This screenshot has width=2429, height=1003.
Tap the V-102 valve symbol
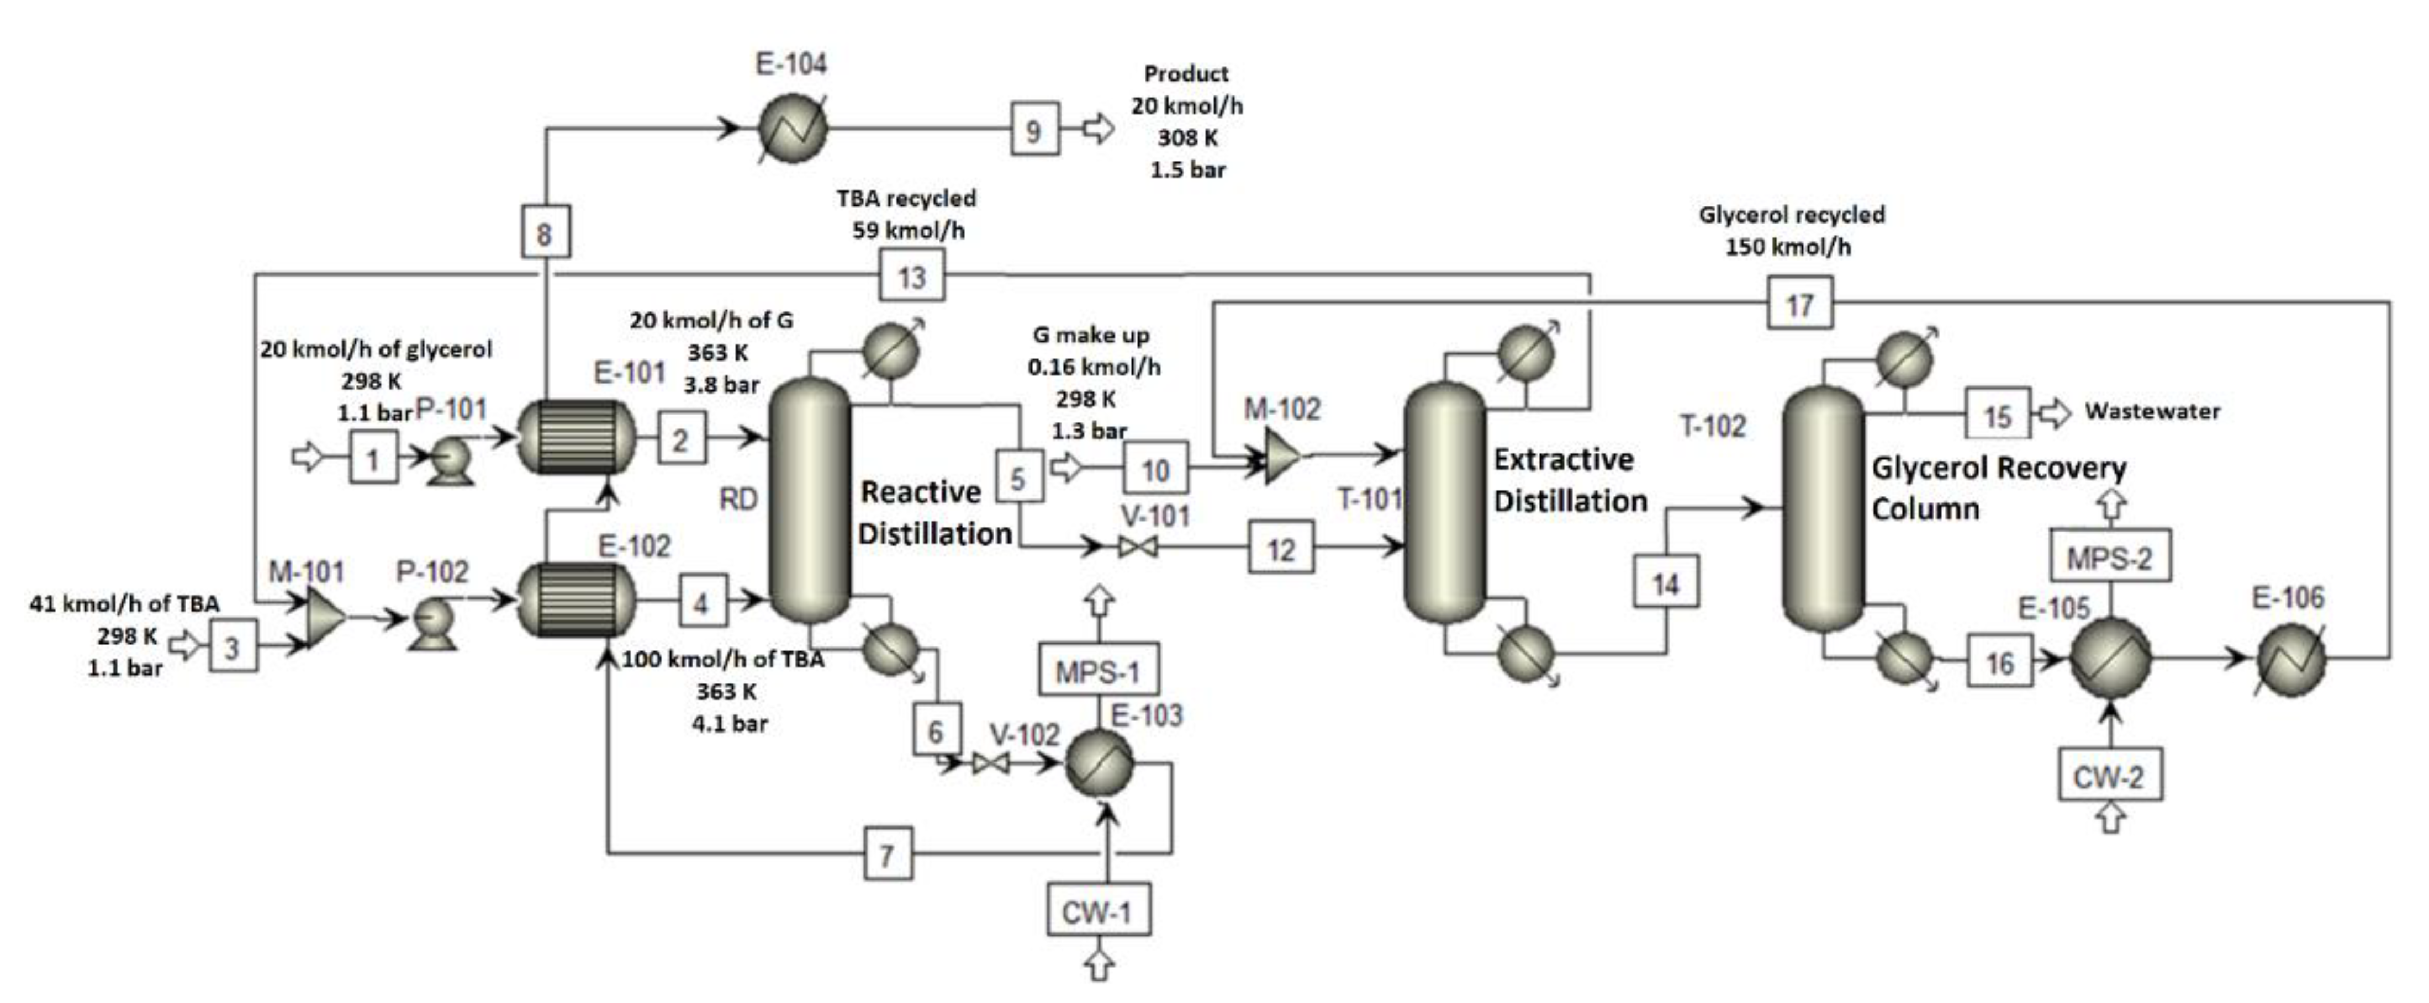point(990,763)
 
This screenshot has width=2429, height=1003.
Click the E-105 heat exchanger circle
point(2110,659)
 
